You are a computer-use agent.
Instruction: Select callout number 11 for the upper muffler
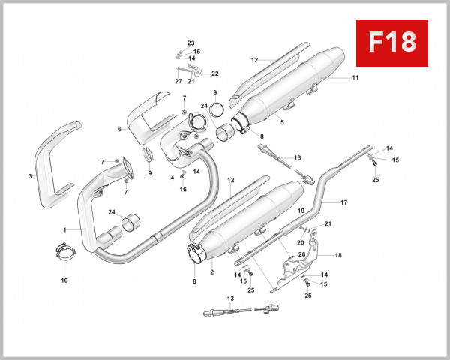[355, 77]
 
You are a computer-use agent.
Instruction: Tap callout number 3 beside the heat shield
[29, 176]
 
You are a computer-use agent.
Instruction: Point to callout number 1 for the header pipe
[65, 229]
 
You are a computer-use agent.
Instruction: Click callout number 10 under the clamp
[64, 280]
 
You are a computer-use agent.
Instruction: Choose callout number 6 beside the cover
[119, 129]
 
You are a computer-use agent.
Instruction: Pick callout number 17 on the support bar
[344, 202]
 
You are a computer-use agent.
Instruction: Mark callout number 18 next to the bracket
[337, 256]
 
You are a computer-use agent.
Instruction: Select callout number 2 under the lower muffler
[212, 272]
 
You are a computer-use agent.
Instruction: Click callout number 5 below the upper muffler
[281, 121]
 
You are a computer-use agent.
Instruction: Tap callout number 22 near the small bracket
[215, 73]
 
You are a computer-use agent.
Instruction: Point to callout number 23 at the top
[190, 43]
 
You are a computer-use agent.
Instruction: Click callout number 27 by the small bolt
[178, 81]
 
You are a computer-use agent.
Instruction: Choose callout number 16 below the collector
[182, 190]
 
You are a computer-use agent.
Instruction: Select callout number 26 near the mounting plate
[302, 254]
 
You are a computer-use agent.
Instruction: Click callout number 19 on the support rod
[300, 211]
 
